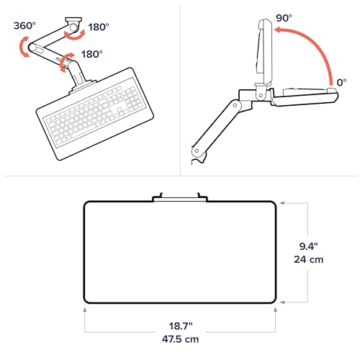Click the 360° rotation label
pos(24,25)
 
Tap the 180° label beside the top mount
pos(99,27)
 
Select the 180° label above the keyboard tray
pos(91,54)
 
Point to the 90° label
pos(284,18)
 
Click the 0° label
pos(341,82)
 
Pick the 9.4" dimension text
pos(309,246)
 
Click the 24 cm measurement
pos(309,259)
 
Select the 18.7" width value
pos(181,326)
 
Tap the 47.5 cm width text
pos(180,339)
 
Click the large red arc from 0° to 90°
pos(315,45)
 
